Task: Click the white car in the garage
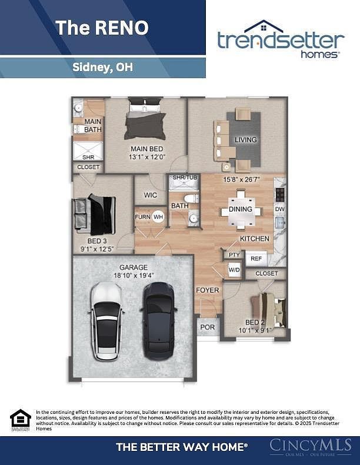pos(106,322)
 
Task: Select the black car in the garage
pos(159,320)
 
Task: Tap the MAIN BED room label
pos(146,149)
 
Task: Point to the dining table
pos(240,209)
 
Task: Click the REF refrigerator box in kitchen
pos(256,258)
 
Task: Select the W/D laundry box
pos(234,270)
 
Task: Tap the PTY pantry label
pos(234,255)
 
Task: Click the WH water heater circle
pos(158,217)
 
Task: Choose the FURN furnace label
pos(142,217)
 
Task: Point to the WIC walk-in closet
pos(151,195)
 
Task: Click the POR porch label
pos(207,327)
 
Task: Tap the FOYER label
pos(207,290)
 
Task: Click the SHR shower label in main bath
pos(88,157)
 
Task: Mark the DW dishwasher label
pos(280,209)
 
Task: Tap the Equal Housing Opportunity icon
pos(20,420)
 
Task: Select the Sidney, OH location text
pos(102,67)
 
